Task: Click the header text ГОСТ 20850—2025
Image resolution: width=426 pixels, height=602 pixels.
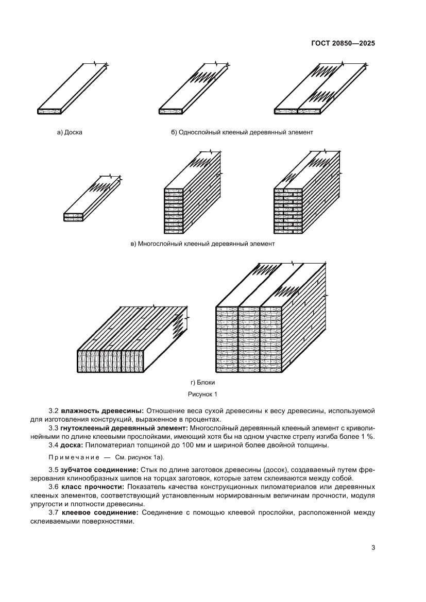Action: (343, 44)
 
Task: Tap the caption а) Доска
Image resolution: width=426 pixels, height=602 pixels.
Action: (70, 132)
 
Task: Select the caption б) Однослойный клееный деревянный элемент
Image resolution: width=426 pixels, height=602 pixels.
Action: (242, 132)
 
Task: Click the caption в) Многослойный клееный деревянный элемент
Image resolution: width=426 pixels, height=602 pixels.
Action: (203, 244)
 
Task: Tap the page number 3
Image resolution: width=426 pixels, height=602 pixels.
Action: (373, 547)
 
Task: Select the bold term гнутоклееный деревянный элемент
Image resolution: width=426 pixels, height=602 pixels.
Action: (125, 428)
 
